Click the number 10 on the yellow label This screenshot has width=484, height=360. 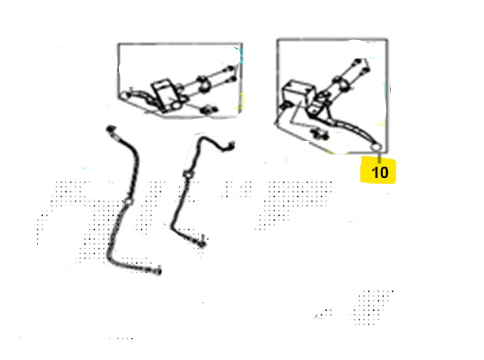click(x=379, y=172)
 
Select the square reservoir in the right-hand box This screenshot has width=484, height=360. click(x=298, y=92)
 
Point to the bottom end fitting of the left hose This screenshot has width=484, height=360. click(x=156, y=271)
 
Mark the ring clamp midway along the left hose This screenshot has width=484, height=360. click(x=128, y=202)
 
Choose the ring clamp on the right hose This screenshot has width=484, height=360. click(x=187, y=175)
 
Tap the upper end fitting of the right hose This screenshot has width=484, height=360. click(x=230, y=146)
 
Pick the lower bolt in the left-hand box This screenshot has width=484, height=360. click(x=232, y=80)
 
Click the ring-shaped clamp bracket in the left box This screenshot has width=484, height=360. click(x=203, y=84)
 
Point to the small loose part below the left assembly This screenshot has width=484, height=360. click(x=209, y=109)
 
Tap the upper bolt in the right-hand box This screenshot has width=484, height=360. click(x=358, y=61)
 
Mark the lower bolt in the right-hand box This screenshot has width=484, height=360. click(x=365, y=70)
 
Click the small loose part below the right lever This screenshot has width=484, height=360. click(x=319, y=134)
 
